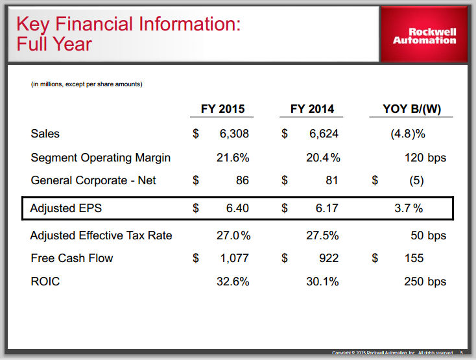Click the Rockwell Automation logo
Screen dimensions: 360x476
point(424,36)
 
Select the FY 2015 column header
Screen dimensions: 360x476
point(222,109)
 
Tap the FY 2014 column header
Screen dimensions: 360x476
point(313,109)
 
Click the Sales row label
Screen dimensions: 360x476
point(45,134)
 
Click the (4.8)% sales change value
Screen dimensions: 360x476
point(407,134)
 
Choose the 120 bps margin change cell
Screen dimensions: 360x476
point(425,158)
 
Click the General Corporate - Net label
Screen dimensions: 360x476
point(93,180)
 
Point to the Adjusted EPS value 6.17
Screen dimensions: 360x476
point(324,209)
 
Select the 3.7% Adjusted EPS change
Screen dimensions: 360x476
point(409,209)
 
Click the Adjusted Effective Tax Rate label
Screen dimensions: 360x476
point(101,235)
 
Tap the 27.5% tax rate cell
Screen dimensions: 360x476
point(322,235)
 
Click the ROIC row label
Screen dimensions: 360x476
point(45,282)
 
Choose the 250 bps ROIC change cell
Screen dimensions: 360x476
point(425,282)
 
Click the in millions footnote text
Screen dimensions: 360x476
point(87,84)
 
